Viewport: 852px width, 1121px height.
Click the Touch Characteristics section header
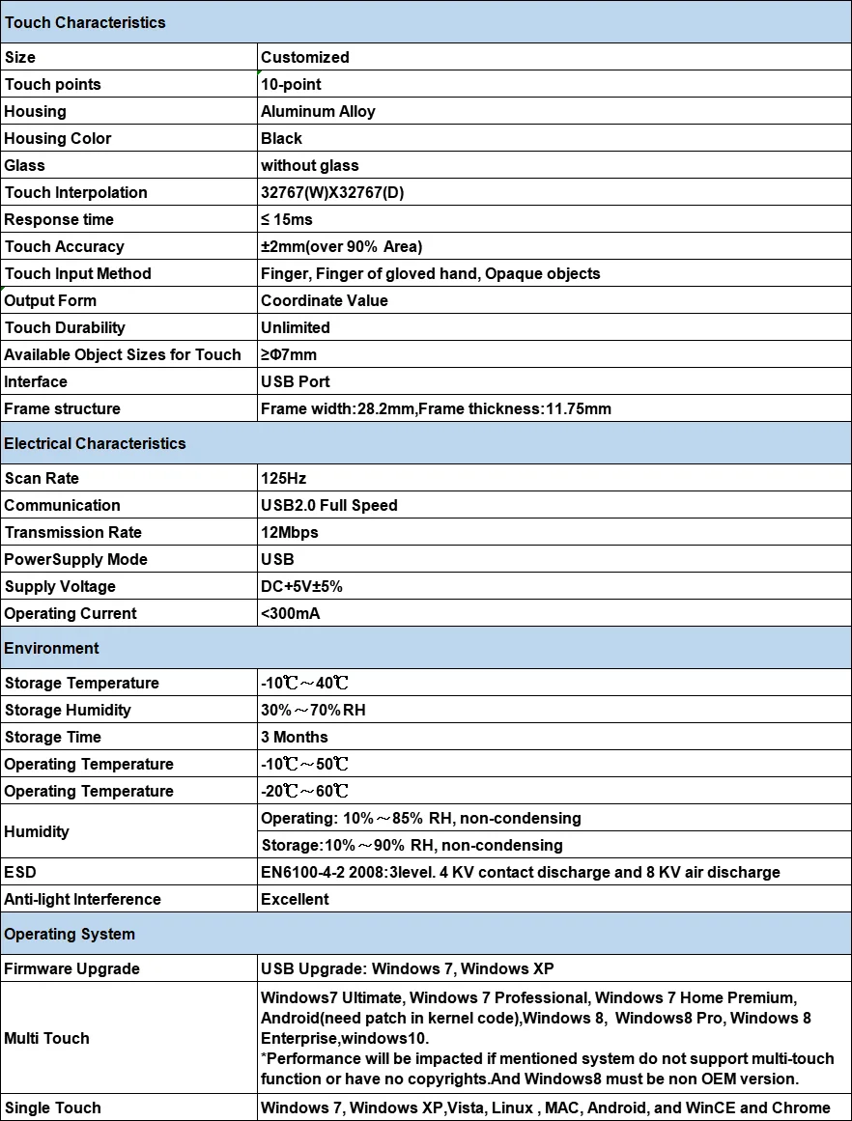[85, 22]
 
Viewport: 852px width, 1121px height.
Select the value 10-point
[291, 84]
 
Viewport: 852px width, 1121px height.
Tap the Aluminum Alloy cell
[318, 111]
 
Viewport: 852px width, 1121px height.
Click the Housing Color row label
[58, 138]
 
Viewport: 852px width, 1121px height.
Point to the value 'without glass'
[309, 165]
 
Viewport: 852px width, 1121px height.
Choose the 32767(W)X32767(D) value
[332, 192]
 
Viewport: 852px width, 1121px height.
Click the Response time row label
[59, 219]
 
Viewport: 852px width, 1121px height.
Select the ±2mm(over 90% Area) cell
[341, 246]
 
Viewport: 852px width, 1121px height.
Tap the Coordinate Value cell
[324, 300]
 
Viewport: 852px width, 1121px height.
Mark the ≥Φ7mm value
[289, 354]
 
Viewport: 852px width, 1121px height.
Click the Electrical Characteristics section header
[95, 443]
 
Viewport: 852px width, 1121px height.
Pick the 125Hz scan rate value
[284, 478]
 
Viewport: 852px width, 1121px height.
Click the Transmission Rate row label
[73, 532]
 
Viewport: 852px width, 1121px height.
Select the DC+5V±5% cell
[301, 586]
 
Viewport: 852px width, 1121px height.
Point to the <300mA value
[290, 613]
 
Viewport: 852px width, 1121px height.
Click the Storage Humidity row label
[68, 710]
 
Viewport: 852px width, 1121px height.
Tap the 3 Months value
[295, 737]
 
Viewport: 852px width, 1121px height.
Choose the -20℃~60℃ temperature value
[304, 791]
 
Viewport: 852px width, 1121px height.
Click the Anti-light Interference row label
[83, 899]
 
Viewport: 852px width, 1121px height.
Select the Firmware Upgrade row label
[72, 968]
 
